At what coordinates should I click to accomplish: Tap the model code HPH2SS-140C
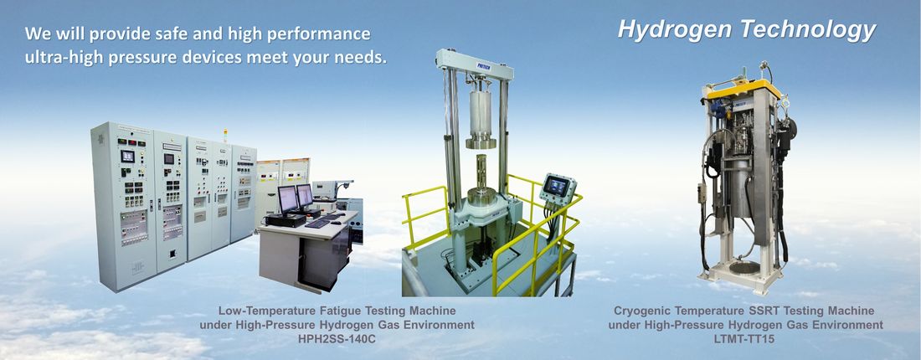(x=337, y=339)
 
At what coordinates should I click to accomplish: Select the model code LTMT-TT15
(x=745, y=339)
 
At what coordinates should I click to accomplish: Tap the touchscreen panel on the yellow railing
(x=557, y=188)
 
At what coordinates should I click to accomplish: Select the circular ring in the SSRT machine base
(x=744, y=268)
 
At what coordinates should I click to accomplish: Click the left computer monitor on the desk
(x=287, y=199)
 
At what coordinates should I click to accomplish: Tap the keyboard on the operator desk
(x=318, y=224)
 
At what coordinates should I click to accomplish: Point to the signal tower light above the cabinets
(x=225, y=135)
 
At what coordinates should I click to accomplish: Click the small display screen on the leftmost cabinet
(x=127, y=157)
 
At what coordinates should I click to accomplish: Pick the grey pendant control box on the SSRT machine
(x=702, y=193)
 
